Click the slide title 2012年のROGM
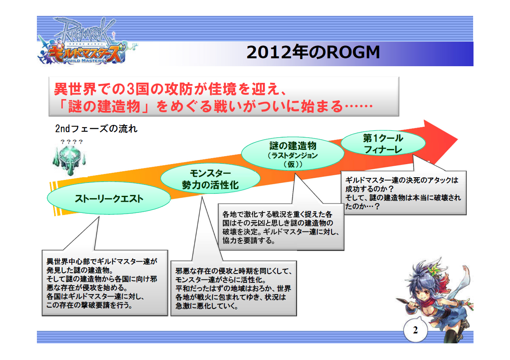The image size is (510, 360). (x=313, y=53)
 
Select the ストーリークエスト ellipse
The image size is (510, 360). (x=109, y=199)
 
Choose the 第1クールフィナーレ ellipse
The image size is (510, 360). (x=383, y=144)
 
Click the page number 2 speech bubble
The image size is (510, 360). (x=415, y=331)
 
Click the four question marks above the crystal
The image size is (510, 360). (x=71, y=142)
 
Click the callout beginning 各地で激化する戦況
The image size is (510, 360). (x=281, y=227)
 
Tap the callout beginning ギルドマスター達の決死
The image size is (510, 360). (x=405, y=193)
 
